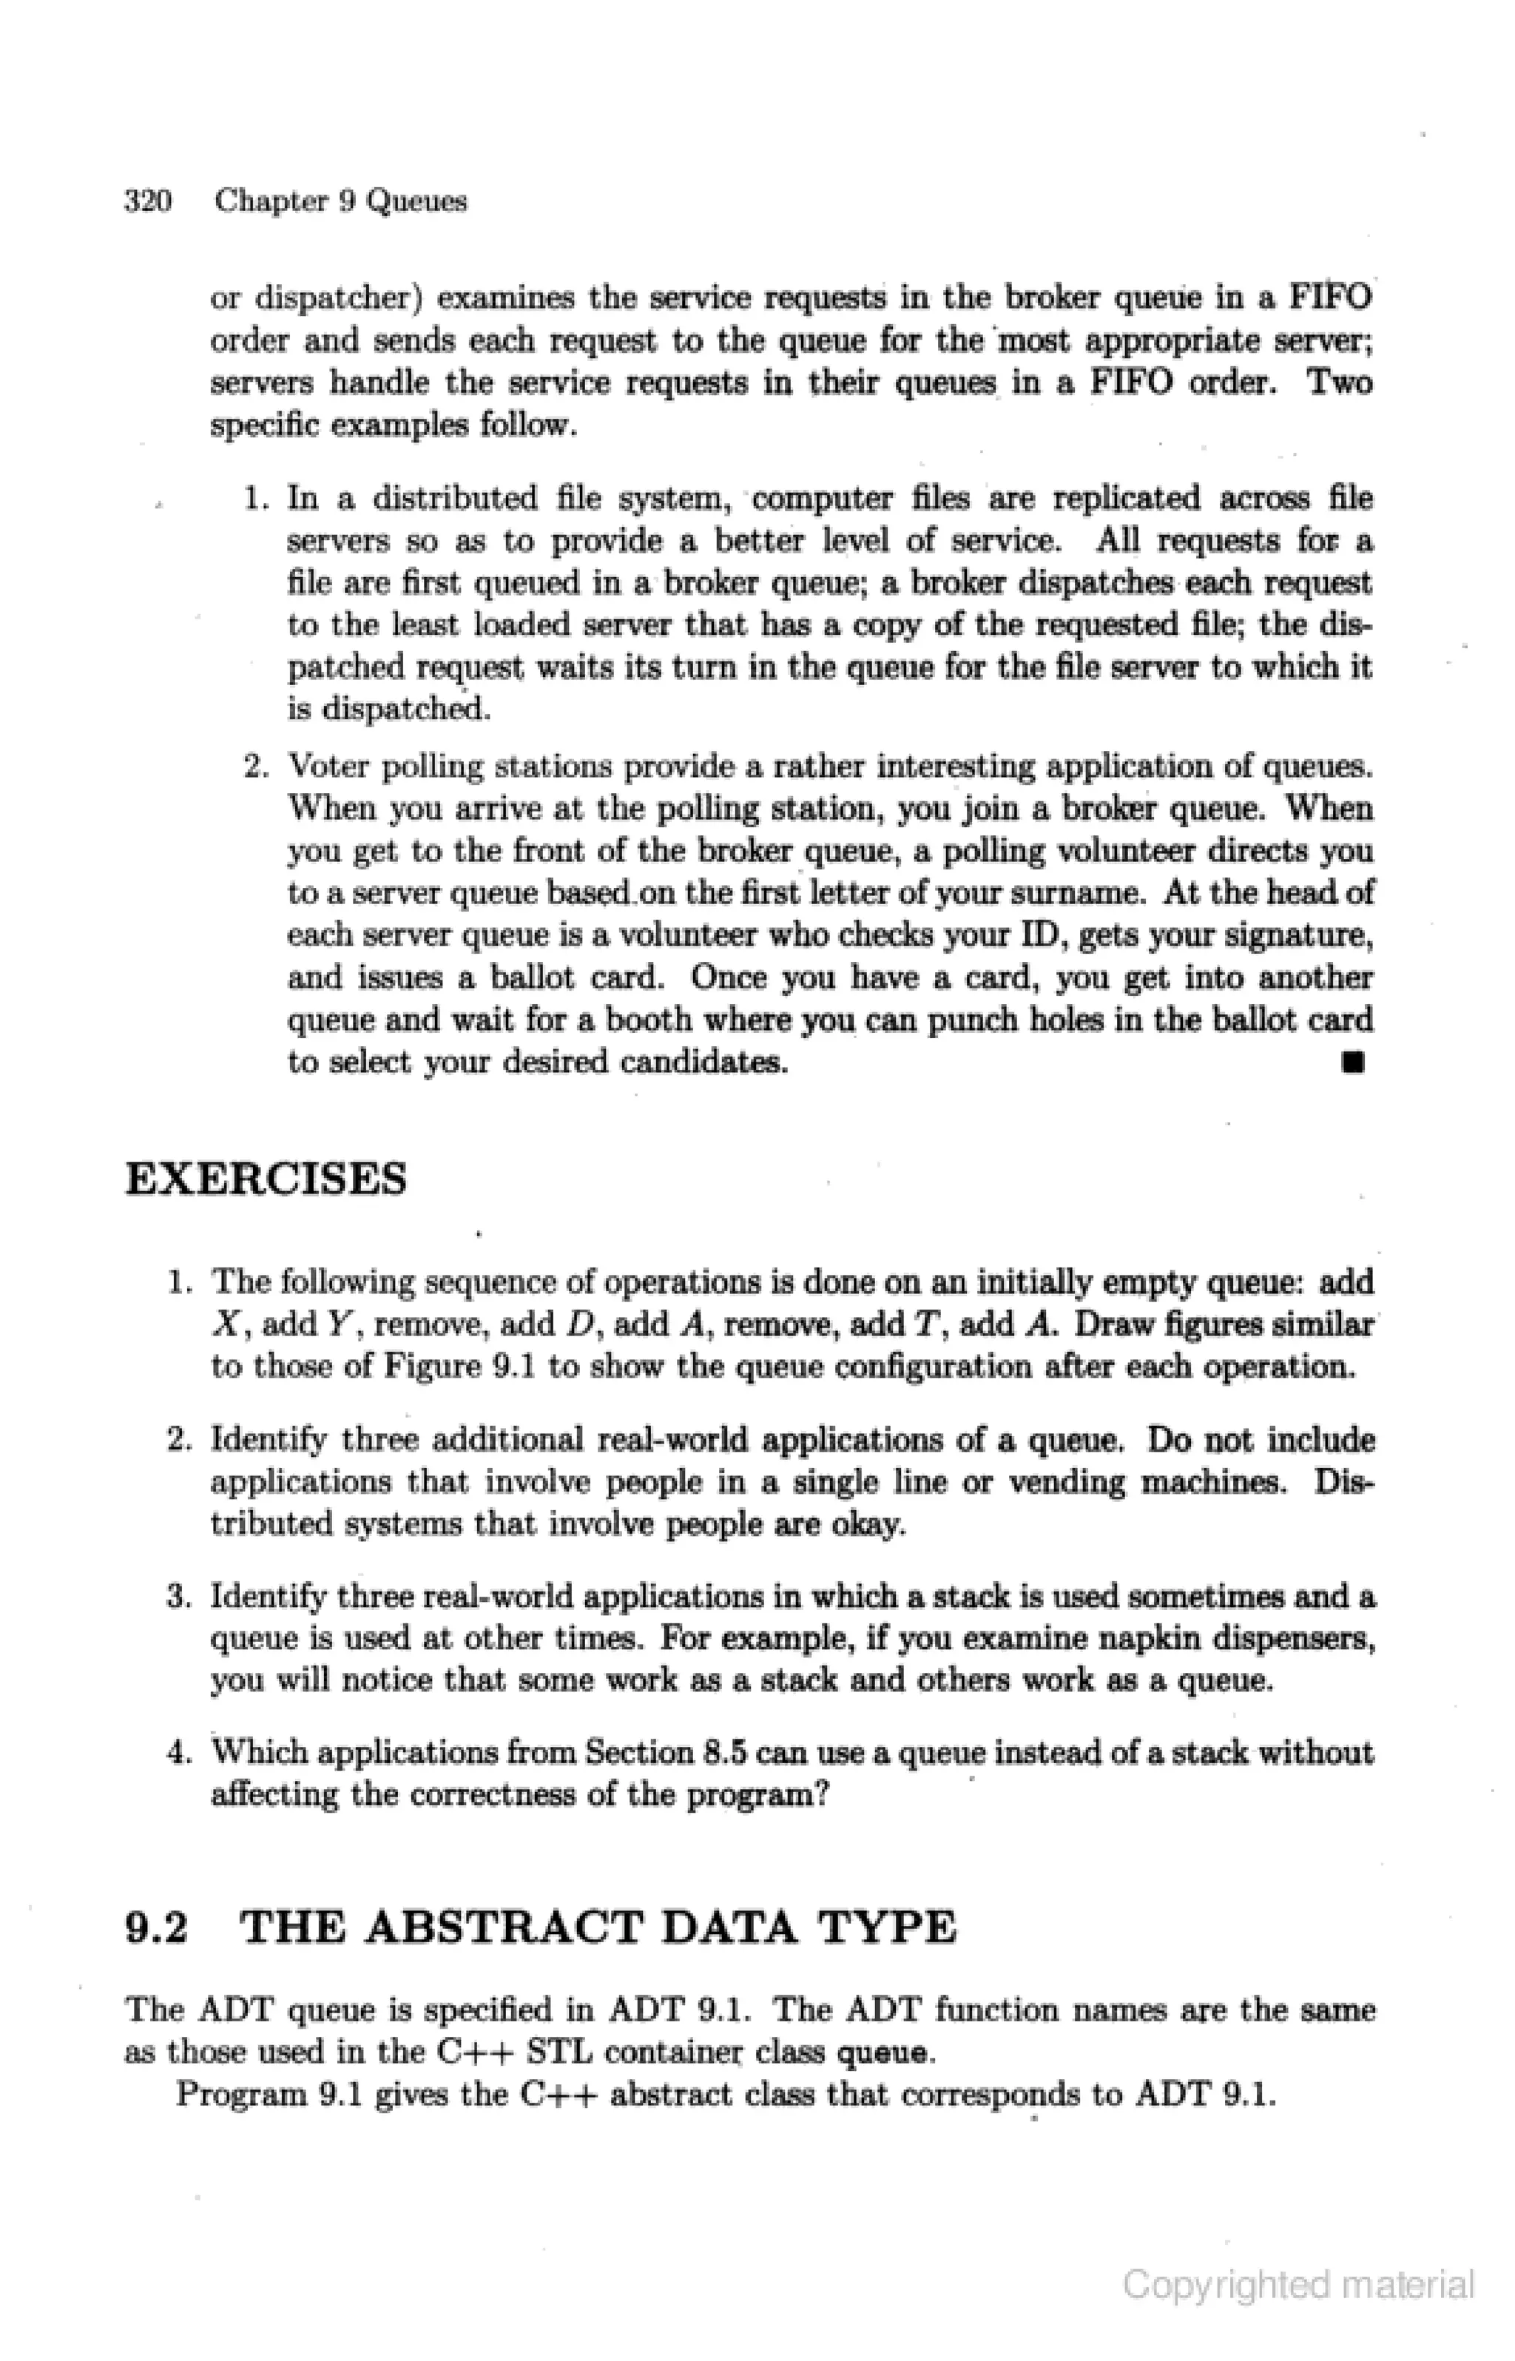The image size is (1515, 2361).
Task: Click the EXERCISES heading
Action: (266, 1179)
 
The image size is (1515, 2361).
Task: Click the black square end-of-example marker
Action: (1354, 1062)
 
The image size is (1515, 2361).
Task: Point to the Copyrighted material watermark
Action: (1298, 2284)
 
